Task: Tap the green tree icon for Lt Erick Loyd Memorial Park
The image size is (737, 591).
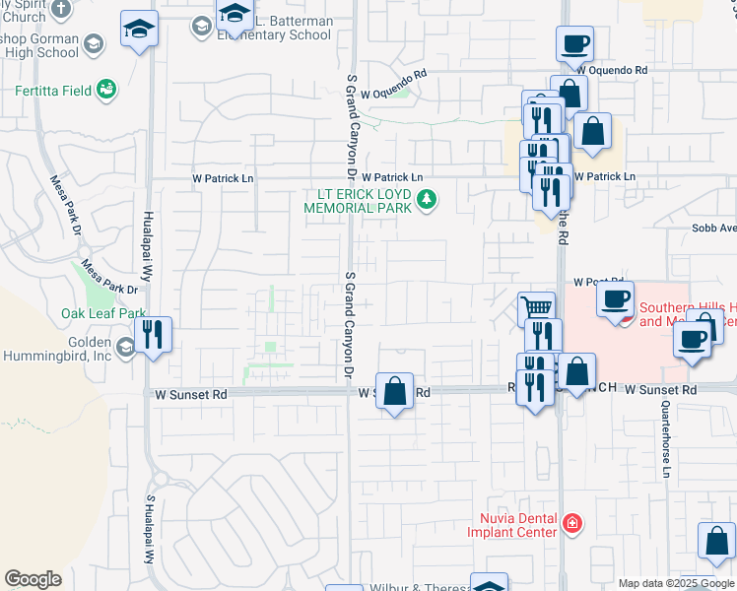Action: pos(427,200)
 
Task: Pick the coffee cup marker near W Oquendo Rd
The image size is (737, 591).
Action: pos(574,43)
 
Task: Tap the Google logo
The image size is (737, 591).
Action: pos(33,579)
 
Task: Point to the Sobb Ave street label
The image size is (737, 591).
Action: pos(713,229)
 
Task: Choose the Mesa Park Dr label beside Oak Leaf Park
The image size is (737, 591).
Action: pos(108,277)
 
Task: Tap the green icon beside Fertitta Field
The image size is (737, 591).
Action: pos(105,91)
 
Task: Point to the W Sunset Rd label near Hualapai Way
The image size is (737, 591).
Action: pos(191,393)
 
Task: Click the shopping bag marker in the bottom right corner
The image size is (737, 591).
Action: pos(716,541)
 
